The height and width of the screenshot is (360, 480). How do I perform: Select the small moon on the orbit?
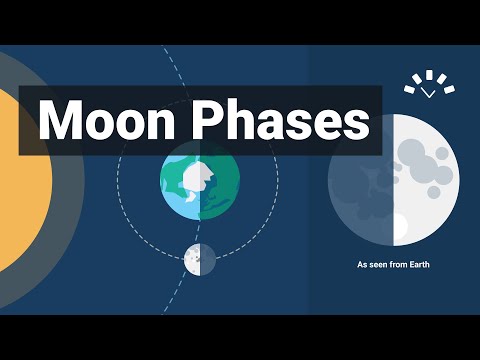coord(200,259)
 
